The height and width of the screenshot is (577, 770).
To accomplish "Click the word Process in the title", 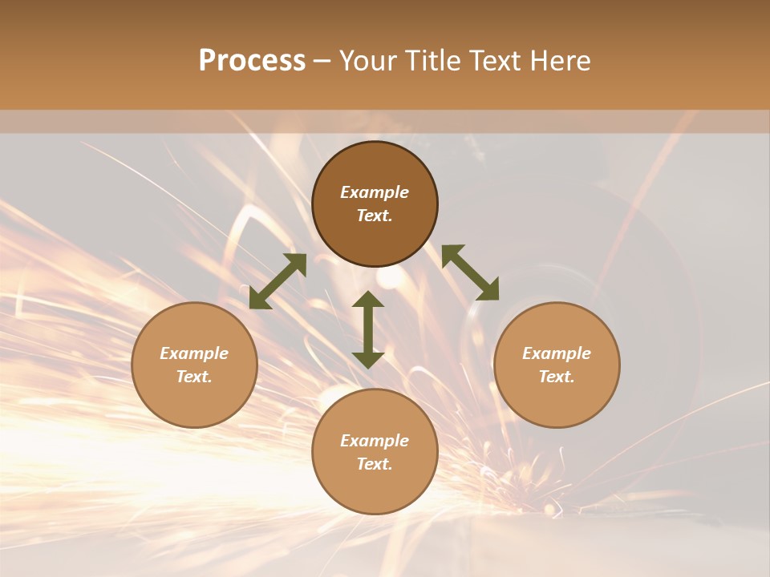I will (252, 61).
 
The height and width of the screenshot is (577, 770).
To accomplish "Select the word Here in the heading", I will (559, 61).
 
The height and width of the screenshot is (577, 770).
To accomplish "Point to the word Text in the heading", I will (492, 61).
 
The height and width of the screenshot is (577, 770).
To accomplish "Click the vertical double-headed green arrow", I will (368, 329).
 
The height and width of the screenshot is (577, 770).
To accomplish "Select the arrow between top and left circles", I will (278, 281).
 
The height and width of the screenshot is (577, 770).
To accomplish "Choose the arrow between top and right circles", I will (470, 273).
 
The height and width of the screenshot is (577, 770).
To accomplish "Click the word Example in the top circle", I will (375, 192).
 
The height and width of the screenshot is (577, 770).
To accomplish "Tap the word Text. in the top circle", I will (375, 216).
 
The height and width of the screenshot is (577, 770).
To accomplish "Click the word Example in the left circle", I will (194, 353).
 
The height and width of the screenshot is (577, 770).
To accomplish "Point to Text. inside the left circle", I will (194, 377).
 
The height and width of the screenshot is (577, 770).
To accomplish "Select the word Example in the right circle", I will (557, 353).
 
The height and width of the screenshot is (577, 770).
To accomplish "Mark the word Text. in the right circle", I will (557, 377).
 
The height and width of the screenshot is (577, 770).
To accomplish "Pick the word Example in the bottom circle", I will (375, 441).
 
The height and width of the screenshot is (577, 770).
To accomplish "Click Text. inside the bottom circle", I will (375, 464).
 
